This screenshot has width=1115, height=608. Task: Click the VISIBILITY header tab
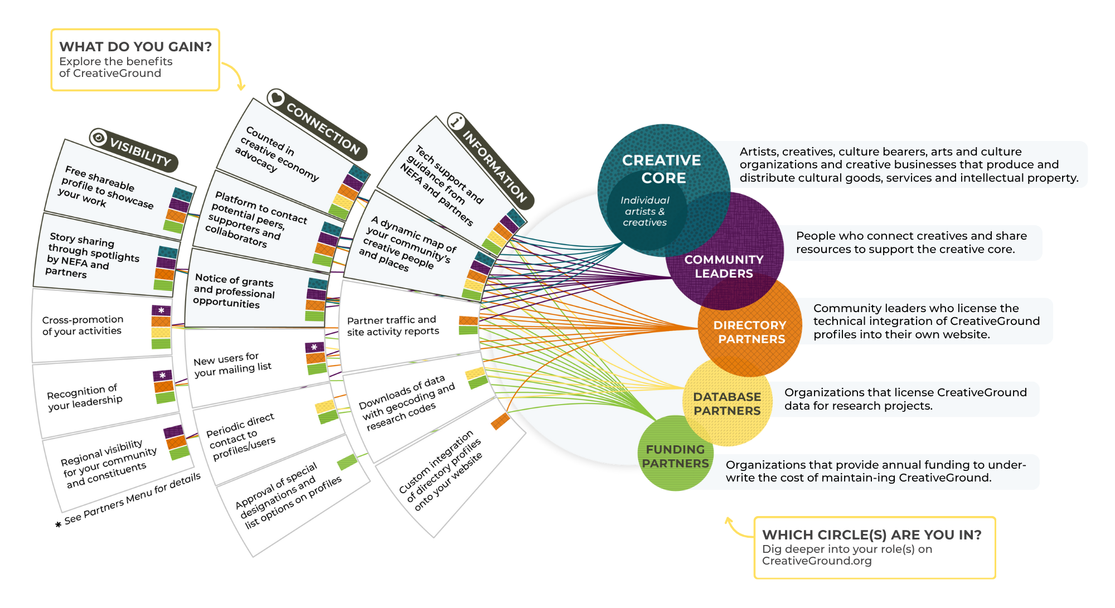pos(140,152)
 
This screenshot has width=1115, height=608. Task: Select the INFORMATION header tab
pos(495,166)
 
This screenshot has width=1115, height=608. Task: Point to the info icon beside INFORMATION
pos(457,121)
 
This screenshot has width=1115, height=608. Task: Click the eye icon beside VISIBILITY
pos(99,137)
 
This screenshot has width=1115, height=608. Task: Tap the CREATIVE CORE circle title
pos(662,169)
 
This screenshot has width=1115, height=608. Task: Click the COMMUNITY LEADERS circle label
pos(724,266)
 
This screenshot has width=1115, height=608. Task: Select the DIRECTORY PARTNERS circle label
pos(750,332)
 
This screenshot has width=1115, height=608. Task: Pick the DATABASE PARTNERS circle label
pos(727,403)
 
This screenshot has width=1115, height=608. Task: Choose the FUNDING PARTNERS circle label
pos(675,456)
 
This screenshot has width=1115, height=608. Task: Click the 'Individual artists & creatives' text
pos(645,211)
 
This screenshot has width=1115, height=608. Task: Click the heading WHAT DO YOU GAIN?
pos(135,47)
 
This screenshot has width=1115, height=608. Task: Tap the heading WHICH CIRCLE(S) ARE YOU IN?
pos(871,535)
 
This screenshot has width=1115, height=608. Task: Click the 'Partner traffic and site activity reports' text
pos(393,326)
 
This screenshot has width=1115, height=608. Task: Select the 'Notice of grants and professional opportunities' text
pos(234,291)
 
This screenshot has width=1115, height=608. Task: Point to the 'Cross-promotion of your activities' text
pos(83,325)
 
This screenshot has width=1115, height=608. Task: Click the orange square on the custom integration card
pos(500,421)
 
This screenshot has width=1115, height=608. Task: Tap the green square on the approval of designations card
pos(347,462)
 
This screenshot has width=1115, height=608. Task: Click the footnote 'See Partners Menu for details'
pos(132,499)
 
